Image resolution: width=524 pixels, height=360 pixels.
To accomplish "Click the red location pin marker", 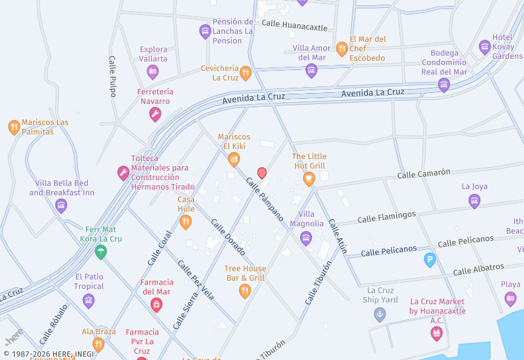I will tap(262, 173).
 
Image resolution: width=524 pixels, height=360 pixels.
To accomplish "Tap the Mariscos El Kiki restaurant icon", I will tap(234, 159).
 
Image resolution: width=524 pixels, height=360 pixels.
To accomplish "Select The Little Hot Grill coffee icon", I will tap(309, 178).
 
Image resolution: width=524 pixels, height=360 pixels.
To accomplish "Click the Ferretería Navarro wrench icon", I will tap(155, 115).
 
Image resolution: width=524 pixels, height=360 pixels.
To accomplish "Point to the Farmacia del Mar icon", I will tap(157, 304).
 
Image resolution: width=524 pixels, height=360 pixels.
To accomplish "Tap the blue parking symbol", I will tap(430, 260).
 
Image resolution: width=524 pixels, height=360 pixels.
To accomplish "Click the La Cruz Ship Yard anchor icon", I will tap(379, 315).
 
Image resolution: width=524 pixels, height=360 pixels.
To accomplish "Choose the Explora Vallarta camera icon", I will tap(153, 72).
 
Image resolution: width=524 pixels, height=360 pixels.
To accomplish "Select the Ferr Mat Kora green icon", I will tap(101, 252).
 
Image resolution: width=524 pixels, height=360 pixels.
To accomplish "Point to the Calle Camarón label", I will tap(424, 173).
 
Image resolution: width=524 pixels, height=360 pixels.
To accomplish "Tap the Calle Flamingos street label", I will tap(386, 215).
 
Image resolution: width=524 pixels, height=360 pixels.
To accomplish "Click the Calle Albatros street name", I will tap(478, 268).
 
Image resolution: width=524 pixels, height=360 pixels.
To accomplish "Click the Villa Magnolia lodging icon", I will tap(306, 237).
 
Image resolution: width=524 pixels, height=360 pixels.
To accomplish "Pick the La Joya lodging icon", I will tap(474, 201).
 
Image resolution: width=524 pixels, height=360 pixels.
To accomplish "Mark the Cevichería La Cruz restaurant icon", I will tap(246, 73).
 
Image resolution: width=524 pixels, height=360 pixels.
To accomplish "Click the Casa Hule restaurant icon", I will tap(186, 223).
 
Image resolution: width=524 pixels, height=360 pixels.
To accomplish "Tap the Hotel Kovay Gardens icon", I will tap(485, 46).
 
